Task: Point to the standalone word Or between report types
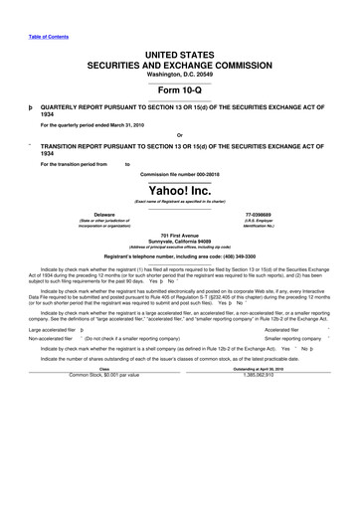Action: [179, 135]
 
